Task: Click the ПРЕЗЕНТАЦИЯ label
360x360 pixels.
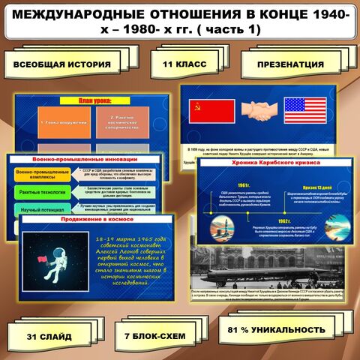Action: tap(290, 64)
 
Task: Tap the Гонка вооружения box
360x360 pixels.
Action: tap(61, 122)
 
